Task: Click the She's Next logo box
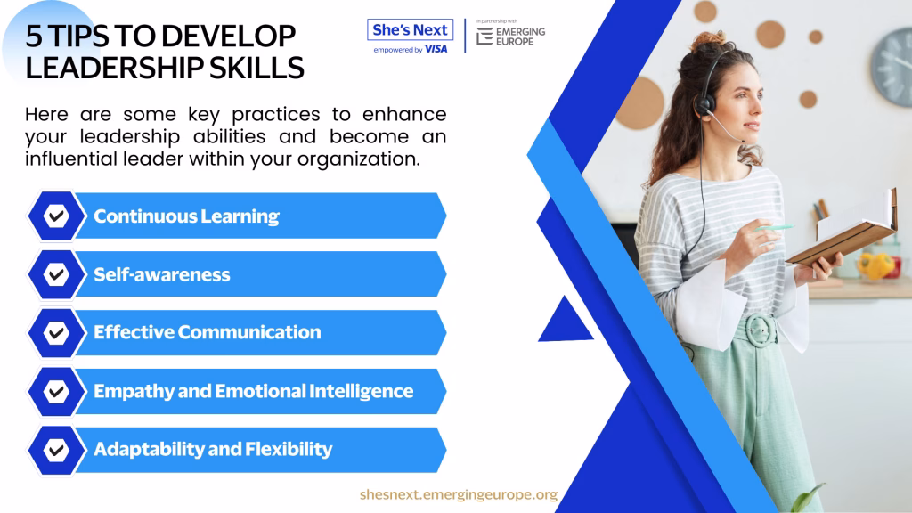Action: [x=410, y=29]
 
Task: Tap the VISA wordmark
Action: [x=436, y=50]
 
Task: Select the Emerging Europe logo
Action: [x=510, y=36]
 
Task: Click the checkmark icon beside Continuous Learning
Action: [x=56, y=216]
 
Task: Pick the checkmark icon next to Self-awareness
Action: [x=56, y=274]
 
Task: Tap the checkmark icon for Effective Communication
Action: [x=56, y=333]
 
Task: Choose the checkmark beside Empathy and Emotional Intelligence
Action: [x=56, y=392]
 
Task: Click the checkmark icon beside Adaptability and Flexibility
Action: [x=56, y=450]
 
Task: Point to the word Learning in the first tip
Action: [x=240, y=217]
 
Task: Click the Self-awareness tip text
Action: [x=162, y=274]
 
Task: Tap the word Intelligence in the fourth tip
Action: [x=362, y=392]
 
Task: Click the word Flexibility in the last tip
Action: [x=289, y=449]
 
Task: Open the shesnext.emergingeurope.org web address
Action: [x=459, y=494]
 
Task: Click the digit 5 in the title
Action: [x=34, y=37]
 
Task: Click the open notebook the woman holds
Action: [x=844, y=229]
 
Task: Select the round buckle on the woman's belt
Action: [x=761, y=330]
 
